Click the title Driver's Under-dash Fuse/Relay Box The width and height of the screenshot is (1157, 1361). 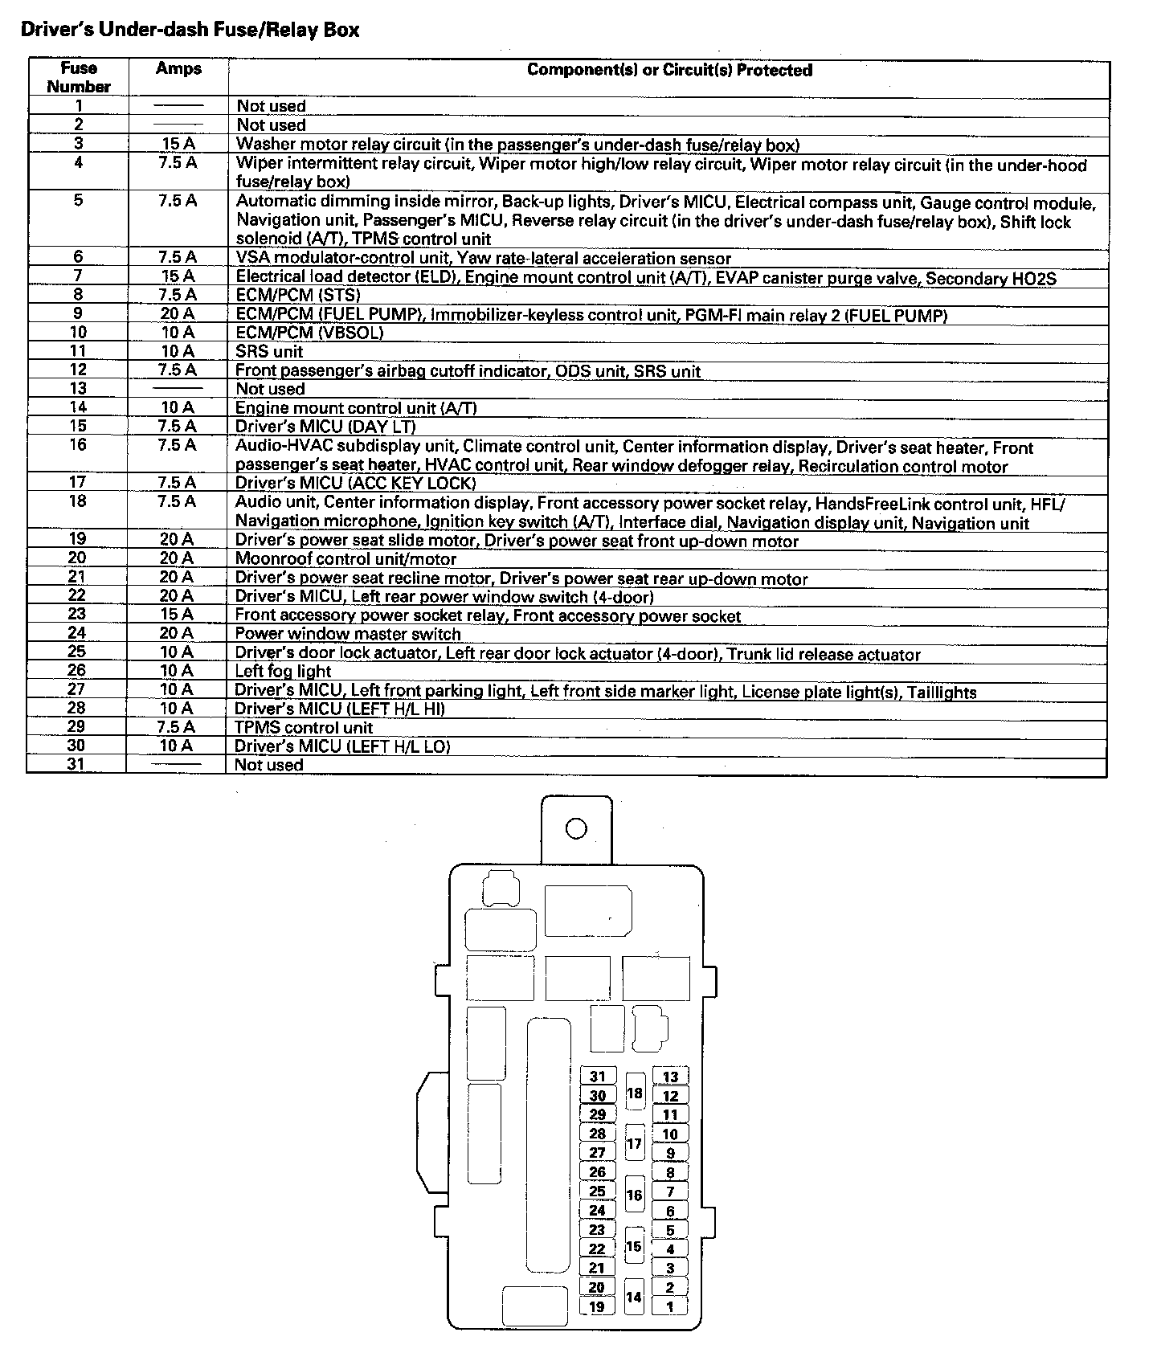190,31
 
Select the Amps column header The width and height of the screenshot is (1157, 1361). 178,69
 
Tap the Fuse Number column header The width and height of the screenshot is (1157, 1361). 78,77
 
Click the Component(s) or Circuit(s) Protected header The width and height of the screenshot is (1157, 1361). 669,71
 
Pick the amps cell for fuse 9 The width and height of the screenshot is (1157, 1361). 177,314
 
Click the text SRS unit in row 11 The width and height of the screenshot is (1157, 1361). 269,352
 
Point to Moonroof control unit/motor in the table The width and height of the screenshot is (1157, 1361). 345,559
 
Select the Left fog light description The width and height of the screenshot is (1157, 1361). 283,672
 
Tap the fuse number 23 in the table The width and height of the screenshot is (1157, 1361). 77,614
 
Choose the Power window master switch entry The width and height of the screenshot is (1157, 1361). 348,634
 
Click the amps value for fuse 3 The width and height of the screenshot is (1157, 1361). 177,145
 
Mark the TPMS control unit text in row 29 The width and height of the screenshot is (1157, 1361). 304,728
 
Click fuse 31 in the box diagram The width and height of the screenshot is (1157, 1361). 597,1077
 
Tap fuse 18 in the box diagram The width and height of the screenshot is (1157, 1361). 635,1093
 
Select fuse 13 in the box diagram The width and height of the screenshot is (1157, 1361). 670,1077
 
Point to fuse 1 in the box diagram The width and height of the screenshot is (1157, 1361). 670,1307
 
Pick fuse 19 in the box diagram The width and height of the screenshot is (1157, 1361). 597,1307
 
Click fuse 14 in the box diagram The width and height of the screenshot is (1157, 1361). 635,1297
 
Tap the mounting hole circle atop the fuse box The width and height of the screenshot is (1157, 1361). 576,828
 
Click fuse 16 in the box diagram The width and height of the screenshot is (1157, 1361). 635,1195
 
